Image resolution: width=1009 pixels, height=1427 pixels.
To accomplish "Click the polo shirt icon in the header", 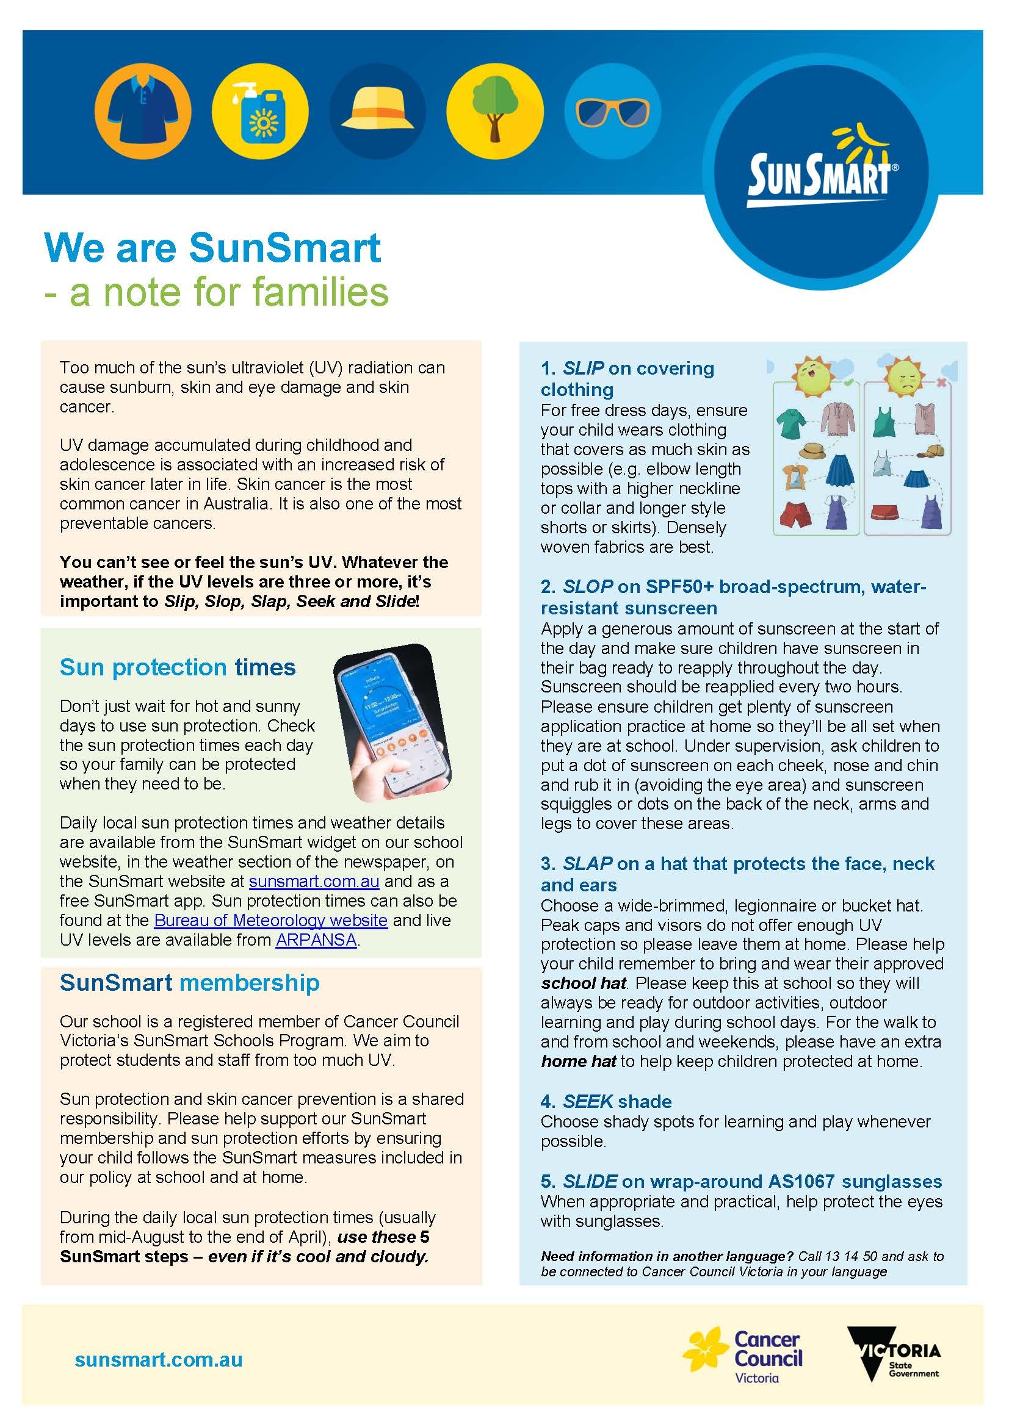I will tap(142, 110).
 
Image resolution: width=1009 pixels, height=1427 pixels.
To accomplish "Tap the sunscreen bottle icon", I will tap(260, 110).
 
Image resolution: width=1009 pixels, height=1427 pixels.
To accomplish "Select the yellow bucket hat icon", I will tap(377, 110).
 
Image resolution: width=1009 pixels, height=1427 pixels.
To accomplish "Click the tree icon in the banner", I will tap(495, 110).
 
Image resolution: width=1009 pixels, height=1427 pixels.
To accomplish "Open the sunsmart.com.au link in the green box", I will tap(314, 882).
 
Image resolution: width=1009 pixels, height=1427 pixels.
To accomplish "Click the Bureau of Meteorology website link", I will tap(270, 920).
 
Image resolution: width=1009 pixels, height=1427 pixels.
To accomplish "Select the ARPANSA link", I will tap(316, 940).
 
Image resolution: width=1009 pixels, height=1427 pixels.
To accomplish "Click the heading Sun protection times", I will tap(177, 667).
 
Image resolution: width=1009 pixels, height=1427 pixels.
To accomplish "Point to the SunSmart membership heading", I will tap(190, 983).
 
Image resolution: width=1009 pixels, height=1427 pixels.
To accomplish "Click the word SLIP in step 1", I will tap(582, 368).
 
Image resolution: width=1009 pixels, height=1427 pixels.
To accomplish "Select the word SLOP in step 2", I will tap(587, 587).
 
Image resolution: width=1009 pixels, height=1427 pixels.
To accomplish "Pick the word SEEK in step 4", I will tap(587, 1101).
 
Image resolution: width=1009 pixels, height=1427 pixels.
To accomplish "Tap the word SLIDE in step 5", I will tap(590, 1182).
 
